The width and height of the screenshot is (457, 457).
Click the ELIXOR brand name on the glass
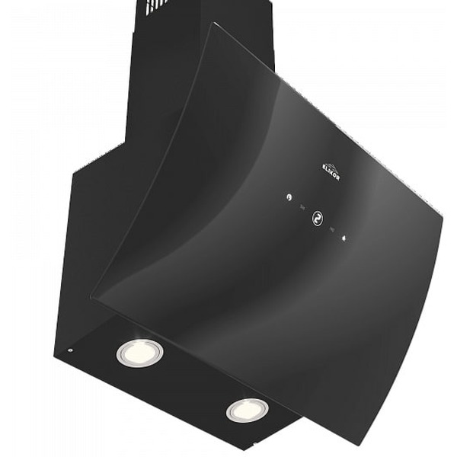point(331,171)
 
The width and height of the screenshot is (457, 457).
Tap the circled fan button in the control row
point(316,219)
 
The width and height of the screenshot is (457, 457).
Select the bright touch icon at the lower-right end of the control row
point(345,238)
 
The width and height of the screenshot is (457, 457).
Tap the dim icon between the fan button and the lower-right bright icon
point(331,228)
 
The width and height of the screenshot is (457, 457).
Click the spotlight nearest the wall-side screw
point(139,352)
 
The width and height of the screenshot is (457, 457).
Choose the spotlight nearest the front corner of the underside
point(248,410)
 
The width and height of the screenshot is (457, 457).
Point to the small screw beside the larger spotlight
point(69,351)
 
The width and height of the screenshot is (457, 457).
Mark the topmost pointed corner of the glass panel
point(213,24)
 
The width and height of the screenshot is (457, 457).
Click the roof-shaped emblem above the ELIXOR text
point(325,161)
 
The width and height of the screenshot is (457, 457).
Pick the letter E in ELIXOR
point(324,165)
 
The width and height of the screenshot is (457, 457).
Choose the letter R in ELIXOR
point(338,177)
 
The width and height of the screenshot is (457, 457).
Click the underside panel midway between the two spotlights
point(193,381)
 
